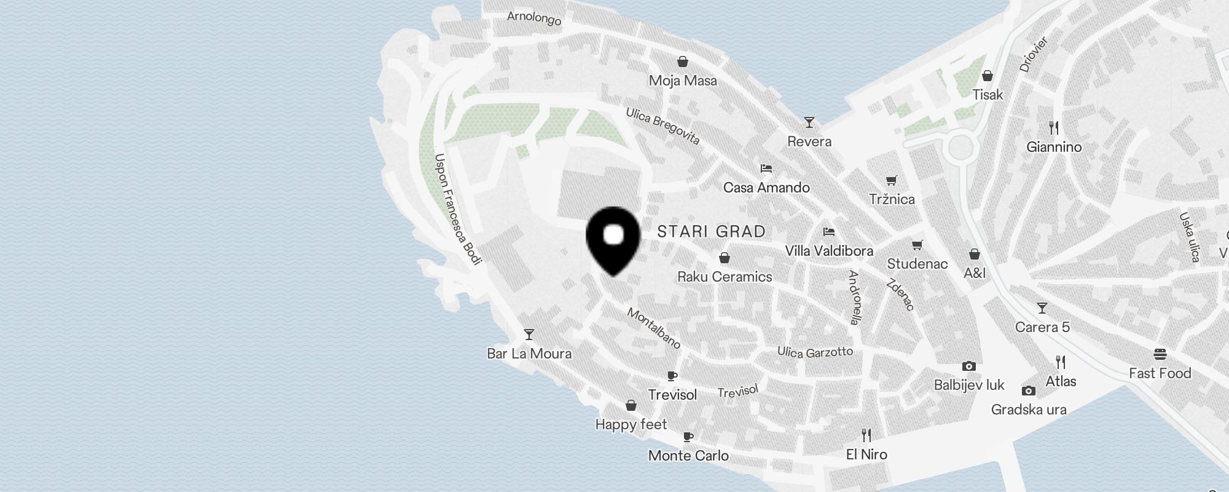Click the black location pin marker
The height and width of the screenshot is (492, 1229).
click(614, 239)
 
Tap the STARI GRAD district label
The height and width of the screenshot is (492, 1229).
click(711, 232)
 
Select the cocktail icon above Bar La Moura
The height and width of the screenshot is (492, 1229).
click(528, 335)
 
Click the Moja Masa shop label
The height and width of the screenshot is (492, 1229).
click(683, 81)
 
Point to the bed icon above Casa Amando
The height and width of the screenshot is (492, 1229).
click(766, 168)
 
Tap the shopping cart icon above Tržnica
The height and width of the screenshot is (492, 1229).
click(892, 180)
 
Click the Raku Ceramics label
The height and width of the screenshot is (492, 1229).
click(724, 277)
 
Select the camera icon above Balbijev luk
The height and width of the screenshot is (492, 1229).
click(969, 366)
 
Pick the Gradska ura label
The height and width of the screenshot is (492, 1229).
click(1029, 410)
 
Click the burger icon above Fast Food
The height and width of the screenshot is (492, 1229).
click(1160, 354)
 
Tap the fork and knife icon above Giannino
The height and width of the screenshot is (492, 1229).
click(1054, 127)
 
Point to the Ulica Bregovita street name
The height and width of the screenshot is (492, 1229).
click(663, 126)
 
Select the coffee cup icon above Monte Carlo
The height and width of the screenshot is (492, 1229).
click(688, 437)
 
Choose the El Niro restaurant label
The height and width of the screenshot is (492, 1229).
click(866, 454)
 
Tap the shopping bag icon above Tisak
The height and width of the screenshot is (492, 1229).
click(988, 76)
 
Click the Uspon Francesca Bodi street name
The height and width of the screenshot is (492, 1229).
click(457, 209)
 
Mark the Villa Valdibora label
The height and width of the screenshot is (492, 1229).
click(829, 251)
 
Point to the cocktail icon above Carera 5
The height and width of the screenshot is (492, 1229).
click(1042, 307)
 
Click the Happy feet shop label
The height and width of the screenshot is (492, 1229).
click(631, 424)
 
